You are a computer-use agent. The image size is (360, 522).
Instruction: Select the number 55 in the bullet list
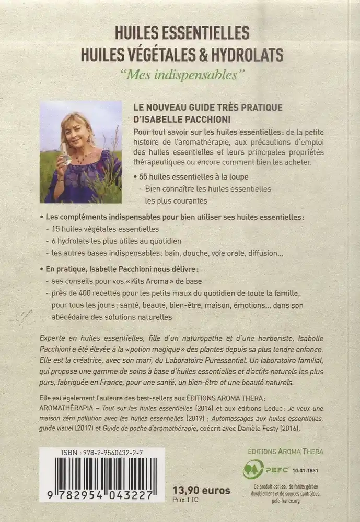143,177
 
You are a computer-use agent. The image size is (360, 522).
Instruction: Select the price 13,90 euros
201,490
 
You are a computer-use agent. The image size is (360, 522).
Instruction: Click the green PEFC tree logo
253,469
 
